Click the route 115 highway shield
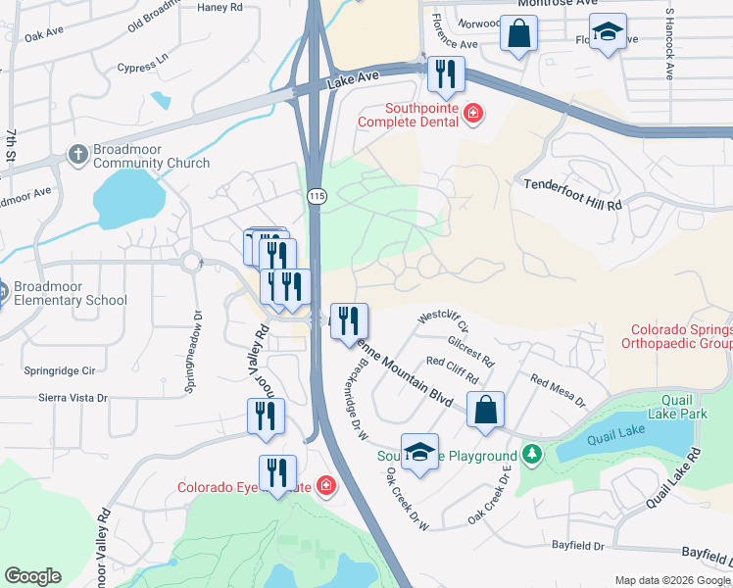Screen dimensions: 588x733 tap(316, 197)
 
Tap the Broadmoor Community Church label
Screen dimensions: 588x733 tap(152, 155)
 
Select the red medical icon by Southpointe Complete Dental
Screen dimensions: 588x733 tap(473, 115)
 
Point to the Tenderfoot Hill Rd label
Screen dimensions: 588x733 tap(573, 195)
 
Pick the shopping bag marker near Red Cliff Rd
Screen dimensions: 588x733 tap(486, 410)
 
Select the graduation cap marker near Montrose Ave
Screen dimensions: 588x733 tap(609, 34)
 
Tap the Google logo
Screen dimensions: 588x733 tap(32, 576)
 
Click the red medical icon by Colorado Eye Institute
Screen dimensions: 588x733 tap(325, 486)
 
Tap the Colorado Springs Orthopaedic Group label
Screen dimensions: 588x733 tap(682, 337)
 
